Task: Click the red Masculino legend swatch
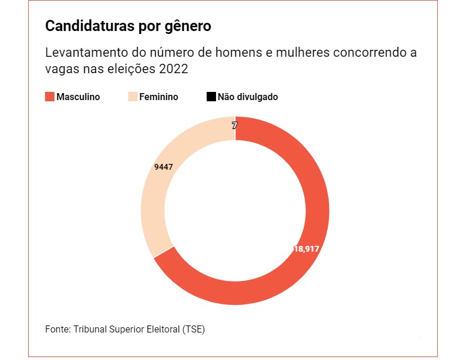50,97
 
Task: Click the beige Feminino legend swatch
132,97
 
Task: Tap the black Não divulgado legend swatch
211,97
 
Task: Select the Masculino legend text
78,97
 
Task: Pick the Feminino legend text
159,97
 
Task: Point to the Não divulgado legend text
248,97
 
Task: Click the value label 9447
164,167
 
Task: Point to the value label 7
234,125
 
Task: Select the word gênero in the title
188,26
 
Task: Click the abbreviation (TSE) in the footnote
193,329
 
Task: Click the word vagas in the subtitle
60,69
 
